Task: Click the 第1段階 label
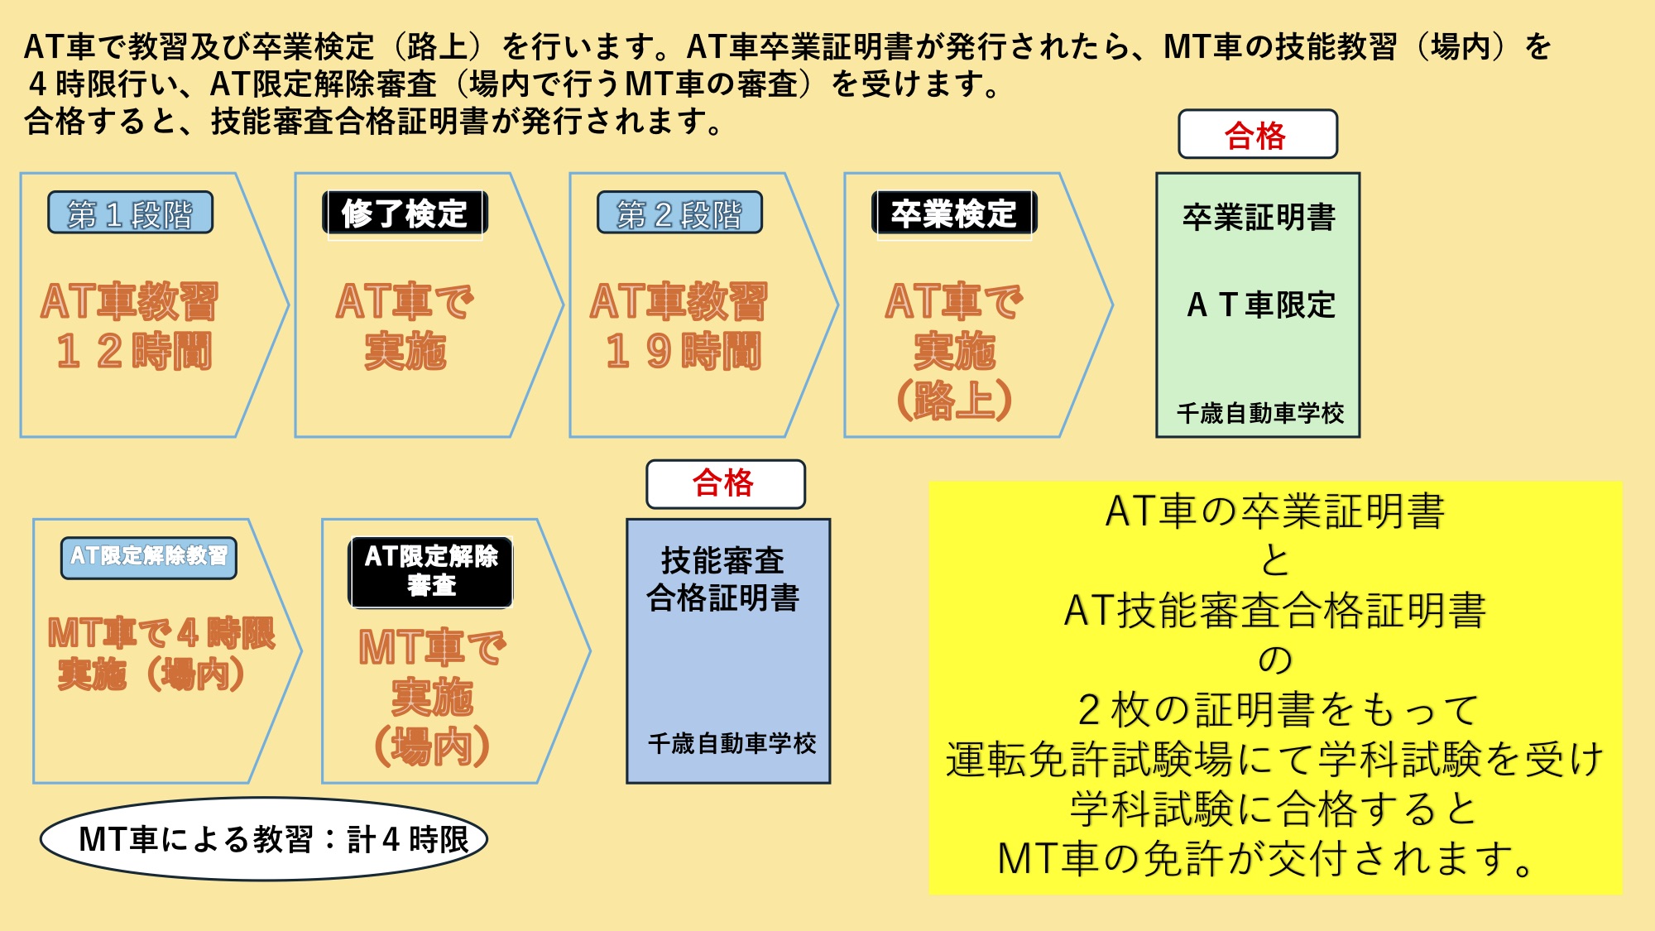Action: coord(130,214)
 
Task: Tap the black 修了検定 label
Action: coord(405,214)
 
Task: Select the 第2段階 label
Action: coord(679,214)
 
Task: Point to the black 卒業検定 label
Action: coord(953,214)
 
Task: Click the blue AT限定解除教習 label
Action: coord(149,556)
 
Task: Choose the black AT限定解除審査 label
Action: coord(431,571)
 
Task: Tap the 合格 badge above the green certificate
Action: coord(1256,135)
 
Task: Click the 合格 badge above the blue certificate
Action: coord(725,483)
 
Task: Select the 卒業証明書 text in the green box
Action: coord(1259,218)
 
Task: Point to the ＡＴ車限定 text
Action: coord(1260,305)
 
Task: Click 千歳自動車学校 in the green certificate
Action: coord(1260,413)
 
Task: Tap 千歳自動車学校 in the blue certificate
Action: coord(732,743)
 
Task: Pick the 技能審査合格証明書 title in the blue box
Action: coord(723,579)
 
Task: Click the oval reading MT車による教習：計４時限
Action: coord(265,839)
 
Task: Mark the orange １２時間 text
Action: coord(134,351)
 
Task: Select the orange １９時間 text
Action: coord(683,351)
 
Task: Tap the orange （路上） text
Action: coord(954,401)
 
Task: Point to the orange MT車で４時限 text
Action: coord(161,633)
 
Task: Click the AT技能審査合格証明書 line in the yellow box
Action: coord(1274,611)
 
